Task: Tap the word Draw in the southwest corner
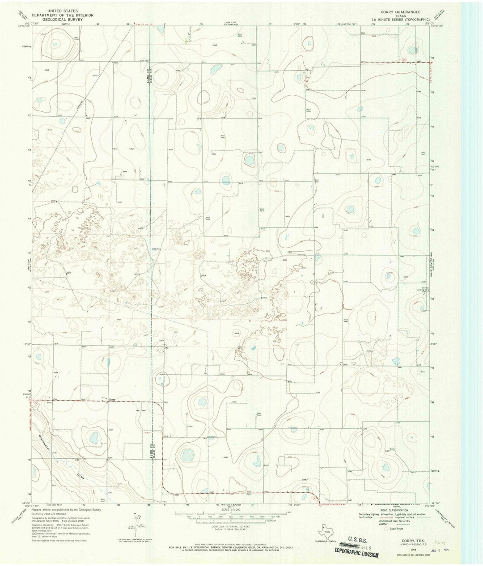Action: click(80, 477)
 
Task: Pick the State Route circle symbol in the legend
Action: click(387, 528)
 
